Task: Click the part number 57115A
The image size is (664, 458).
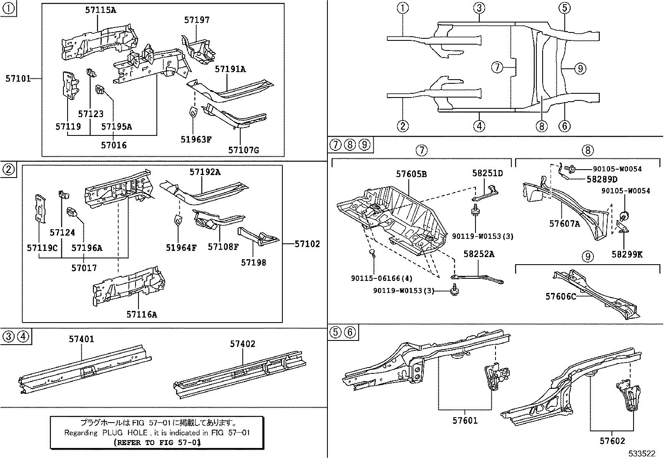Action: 101,10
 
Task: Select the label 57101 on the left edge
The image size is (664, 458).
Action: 18,78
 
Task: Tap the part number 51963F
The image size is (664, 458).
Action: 196,139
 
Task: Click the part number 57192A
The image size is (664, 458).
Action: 205,172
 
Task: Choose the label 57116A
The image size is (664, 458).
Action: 142,315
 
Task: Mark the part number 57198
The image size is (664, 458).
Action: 253,262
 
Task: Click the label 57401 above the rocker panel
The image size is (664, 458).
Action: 81,339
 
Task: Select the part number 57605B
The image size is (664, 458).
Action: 411,174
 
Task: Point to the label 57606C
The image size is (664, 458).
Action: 561,296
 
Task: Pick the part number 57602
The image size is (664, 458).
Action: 612,440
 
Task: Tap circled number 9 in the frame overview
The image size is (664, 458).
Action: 580,68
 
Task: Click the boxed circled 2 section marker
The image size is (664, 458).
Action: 8,169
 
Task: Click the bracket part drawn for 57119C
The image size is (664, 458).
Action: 40,208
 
